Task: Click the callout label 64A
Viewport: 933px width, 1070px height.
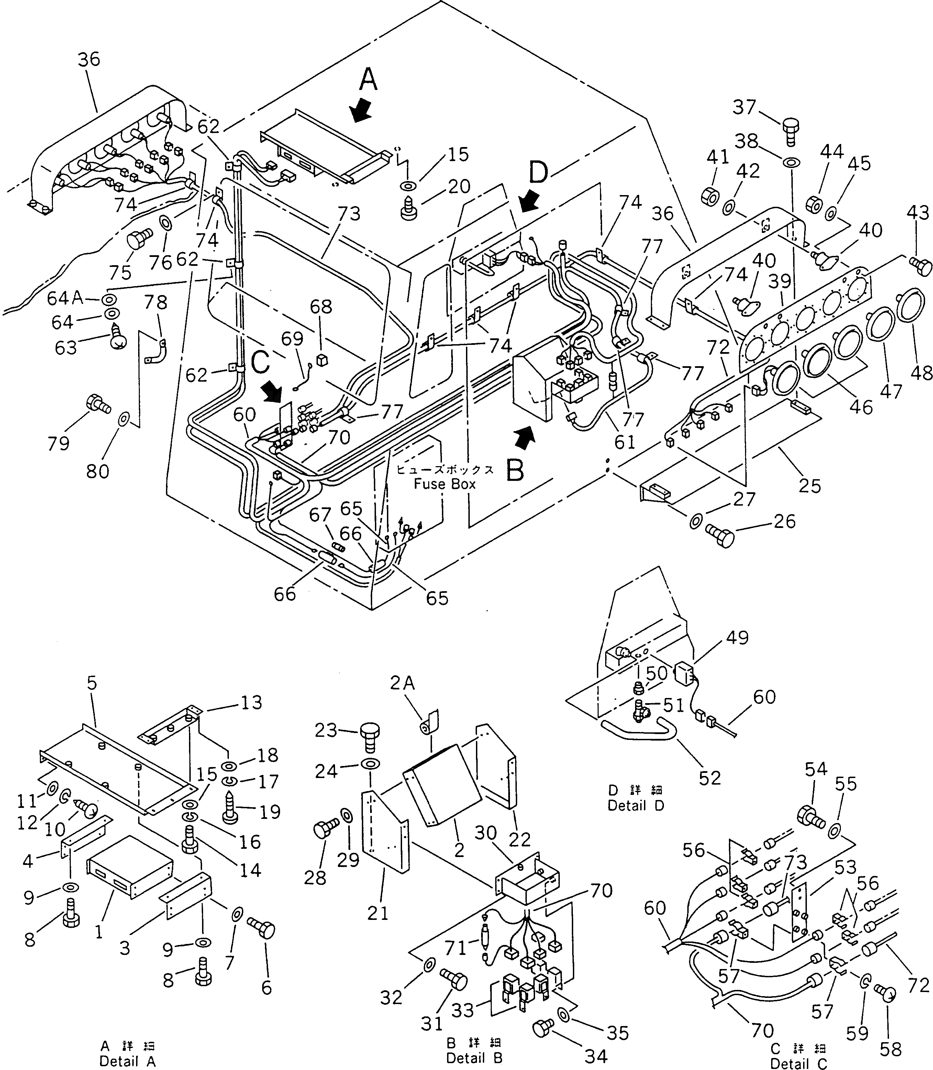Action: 65,298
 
